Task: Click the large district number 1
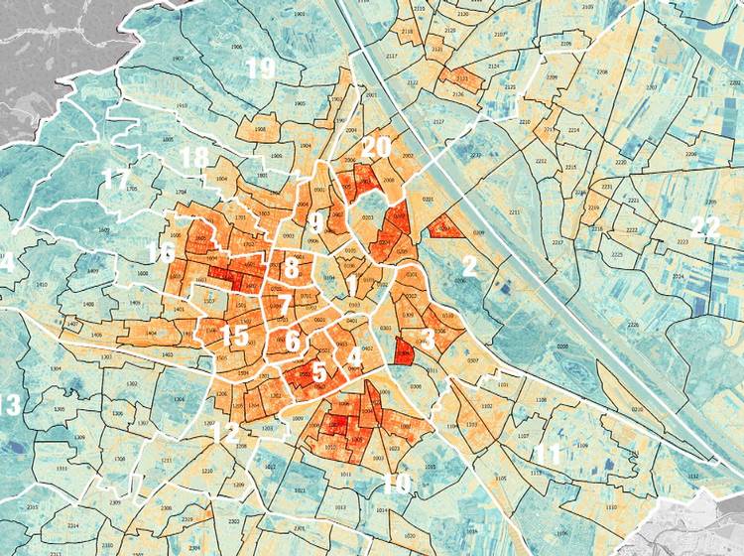pos(351,285)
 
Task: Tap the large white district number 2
pos(470,265)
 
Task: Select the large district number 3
pos(428,340)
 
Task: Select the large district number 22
pos(706,226)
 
